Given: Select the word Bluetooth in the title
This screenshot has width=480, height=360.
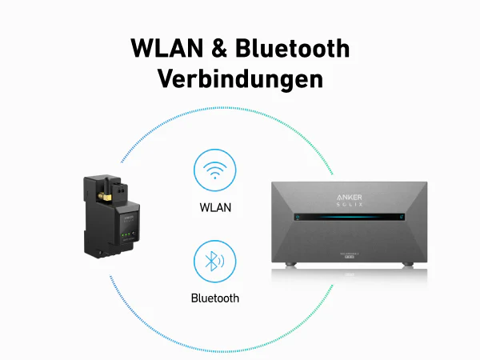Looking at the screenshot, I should tap(292, 49).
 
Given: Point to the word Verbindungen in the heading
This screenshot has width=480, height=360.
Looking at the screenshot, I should tap(240, 79).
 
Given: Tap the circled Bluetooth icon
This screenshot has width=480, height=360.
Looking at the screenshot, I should tap(214, 262).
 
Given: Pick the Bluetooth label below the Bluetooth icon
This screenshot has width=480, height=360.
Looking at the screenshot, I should tap(214, 298).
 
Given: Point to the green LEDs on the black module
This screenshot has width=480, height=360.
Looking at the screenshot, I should tap(127, 235).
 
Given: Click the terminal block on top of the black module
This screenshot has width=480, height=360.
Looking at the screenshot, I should tap(120, 190).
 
